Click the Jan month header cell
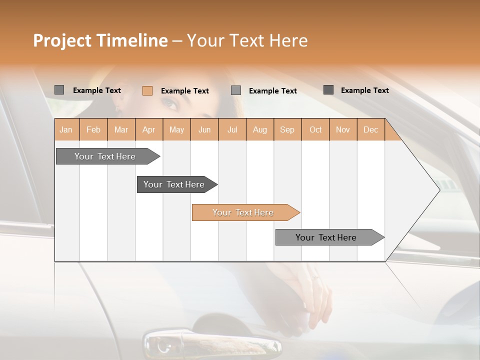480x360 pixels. [66, 129]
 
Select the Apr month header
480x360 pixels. [149, 129]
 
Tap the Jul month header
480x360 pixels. [232, 129]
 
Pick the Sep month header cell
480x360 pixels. [287, 129]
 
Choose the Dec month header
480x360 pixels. [370, 129]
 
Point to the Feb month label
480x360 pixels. [93, 129]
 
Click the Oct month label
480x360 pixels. [315, 129]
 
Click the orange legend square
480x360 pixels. [147, 90]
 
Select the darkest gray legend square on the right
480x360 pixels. [328, 90]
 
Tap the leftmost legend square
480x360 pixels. [59, 90]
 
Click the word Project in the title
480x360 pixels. [62, 40]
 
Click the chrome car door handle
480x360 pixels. [212, 343]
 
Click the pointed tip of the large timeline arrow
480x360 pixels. [439, 189]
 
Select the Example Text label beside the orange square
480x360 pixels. [185, 91]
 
